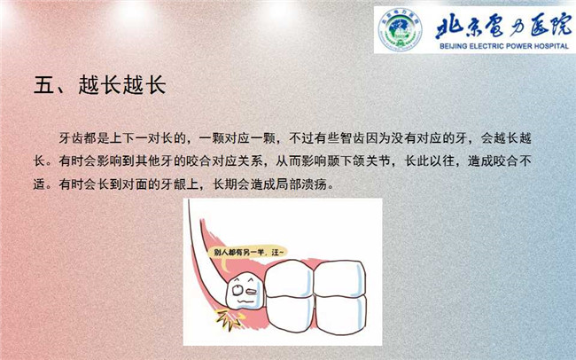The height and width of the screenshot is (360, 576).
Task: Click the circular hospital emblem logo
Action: (400, 29)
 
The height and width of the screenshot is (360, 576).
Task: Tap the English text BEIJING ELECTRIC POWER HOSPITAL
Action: (504, 46)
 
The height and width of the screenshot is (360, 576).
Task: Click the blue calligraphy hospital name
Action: (503, 27)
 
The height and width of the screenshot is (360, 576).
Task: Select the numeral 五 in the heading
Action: (43, 85)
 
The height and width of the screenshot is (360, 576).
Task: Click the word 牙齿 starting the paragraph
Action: (71, 138)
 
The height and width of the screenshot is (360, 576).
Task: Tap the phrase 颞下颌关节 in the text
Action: (358, 161)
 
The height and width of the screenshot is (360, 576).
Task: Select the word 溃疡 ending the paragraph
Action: (314, 184)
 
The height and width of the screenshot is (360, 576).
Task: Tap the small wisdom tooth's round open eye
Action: (237, 290)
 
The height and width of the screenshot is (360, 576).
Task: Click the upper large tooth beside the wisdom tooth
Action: (290, 278)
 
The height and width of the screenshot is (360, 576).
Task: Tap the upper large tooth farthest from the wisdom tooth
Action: (339, 278)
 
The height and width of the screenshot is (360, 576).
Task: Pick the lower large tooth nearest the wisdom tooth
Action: (290, 313)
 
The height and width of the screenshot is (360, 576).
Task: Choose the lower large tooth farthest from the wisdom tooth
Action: (341, 315)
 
